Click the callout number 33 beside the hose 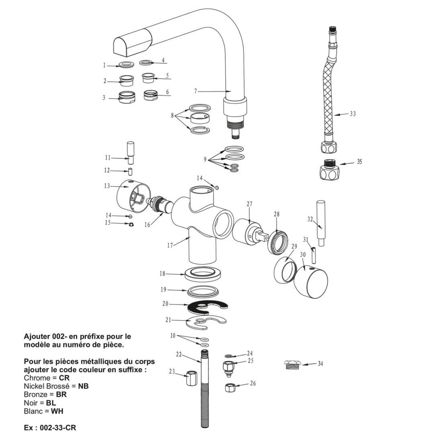[x=352, y=114]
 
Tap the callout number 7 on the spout [x=196, y=91]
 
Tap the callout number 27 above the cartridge [x=250, y=204]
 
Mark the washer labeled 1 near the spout [x=127, y=65]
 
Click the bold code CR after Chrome [x=64, y=378]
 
